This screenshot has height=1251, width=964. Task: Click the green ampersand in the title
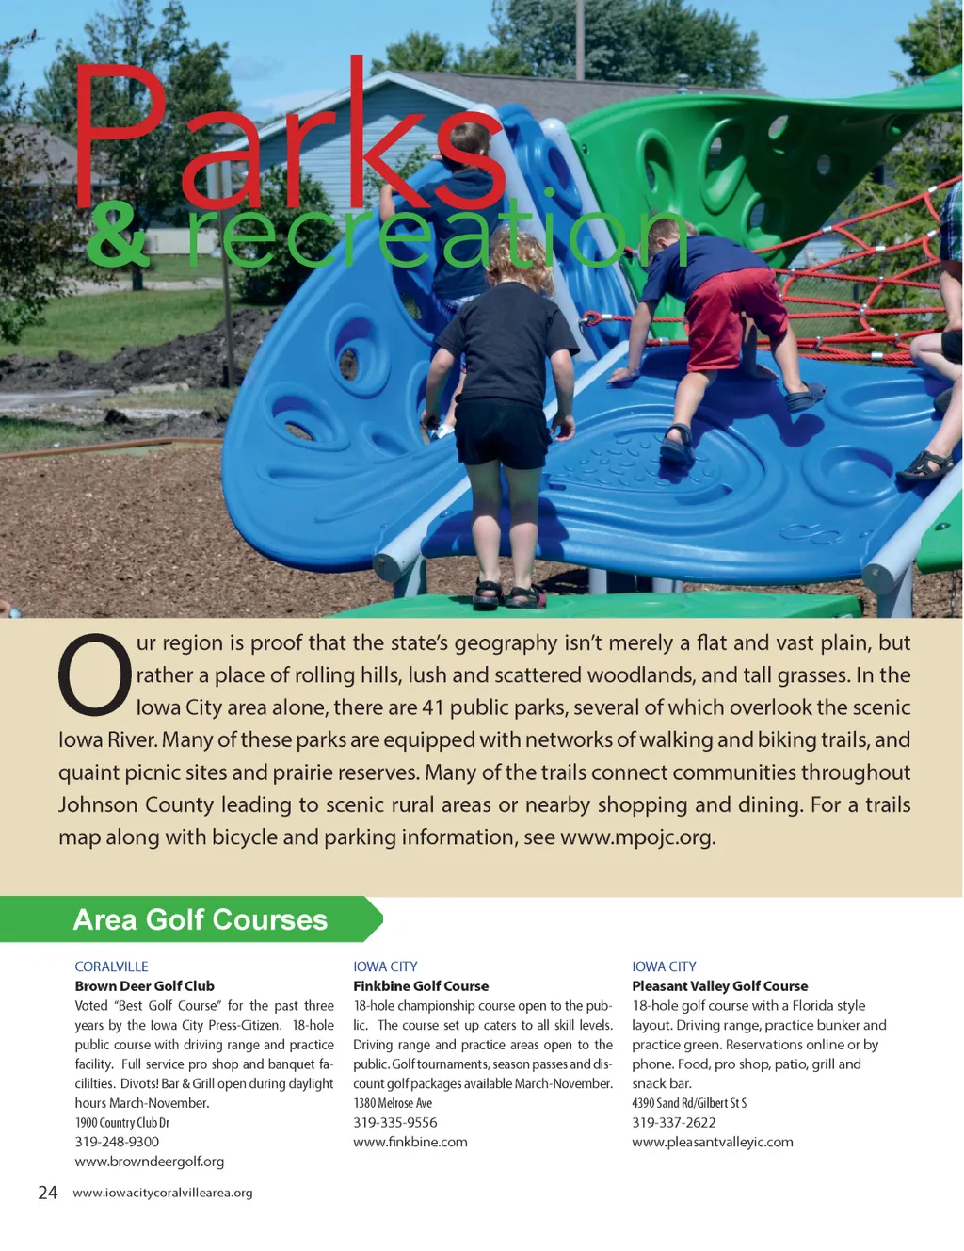point(118,236)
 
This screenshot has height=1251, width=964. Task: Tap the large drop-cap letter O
point(94,674)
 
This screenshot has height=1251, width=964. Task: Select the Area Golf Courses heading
point(201,919)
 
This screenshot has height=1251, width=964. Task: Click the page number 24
point(48,1193)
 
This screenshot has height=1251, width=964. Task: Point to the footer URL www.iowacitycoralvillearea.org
point(163,1193)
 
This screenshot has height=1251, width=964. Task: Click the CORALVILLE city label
point(111,967)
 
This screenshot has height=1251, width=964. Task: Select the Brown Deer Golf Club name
point(145,986)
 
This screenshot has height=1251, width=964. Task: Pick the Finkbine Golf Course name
point(421,986)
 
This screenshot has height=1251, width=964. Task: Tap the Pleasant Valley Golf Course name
point(720,986)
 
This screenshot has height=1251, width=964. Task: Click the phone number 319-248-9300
point(117,1142)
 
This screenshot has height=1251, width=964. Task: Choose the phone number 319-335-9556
point(395,1123)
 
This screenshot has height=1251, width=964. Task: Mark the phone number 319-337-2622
point(674,1123)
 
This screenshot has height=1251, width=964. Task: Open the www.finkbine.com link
point(410,1142)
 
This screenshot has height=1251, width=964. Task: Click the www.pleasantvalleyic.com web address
point(713,1142)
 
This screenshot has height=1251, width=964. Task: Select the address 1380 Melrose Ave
point(393,1103)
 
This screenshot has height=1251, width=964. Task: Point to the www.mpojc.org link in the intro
point(636,837)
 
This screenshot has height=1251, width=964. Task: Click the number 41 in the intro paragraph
point(432,707)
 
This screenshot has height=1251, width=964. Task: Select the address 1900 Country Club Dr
point(122,1123)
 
